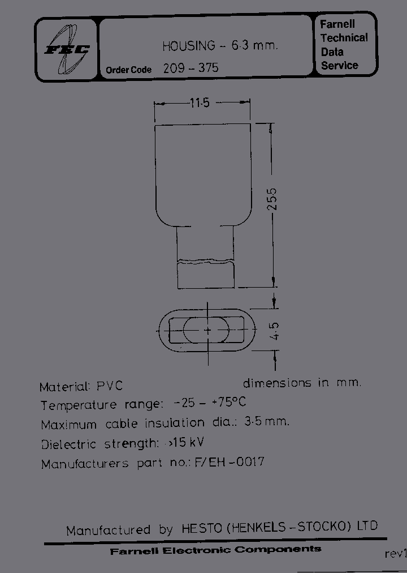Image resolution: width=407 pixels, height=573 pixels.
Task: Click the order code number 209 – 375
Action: click(x=190, y=69)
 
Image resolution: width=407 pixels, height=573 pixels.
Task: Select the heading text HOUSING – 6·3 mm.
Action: click(x=220, y=46)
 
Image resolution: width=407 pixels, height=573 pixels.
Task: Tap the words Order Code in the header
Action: click(x=128, y=70)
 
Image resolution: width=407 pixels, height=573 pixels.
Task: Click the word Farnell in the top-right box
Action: click(x=337, y=25)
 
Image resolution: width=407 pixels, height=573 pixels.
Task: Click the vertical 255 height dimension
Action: click(x=273, y=199)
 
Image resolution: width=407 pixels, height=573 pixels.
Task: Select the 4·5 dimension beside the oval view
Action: click(x=275, y=331)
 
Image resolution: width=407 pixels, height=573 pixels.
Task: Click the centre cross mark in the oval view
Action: click(x=207, y=330)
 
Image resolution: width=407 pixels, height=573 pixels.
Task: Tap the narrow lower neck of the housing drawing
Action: click(x=205, y=255)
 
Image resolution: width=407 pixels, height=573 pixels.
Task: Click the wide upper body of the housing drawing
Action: click(x=202, y=173)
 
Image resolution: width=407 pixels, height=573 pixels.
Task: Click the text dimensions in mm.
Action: click(x=302, y=383)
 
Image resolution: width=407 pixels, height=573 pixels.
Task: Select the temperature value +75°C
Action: click(x=228, y=403)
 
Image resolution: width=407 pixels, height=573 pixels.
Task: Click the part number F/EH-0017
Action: click(x=229, y=462)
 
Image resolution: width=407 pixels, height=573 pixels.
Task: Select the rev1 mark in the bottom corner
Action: click(x=395, y=554)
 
